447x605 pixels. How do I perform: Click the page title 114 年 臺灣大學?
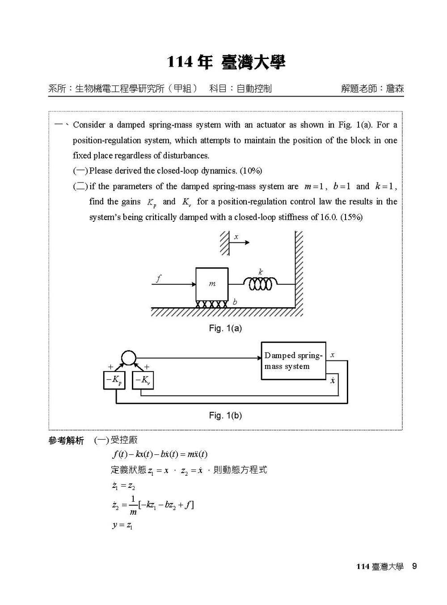pos(226,62)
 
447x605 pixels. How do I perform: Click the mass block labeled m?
pos(212,284)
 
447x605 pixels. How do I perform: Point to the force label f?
pos(158,279)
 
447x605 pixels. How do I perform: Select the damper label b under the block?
pos(235,302)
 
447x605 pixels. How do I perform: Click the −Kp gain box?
pos(114,381)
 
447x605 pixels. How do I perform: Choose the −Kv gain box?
pos(143,381)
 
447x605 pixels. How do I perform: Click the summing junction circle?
pos(128,358)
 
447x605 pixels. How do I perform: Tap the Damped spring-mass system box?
pos(293,361)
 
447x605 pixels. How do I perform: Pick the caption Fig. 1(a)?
pos(225,328)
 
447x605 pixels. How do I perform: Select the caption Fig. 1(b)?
pos(225,415)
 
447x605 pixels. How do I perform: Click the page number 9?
pos(414,566)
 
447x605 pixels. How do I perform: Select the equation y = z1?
pos(122,525)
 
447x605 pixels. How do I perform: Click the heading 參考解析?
pos(66,441)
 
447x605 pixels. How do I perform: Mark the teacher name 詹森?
pos(395,89)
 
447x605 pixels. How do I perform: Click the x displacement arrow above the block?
pos(241,242)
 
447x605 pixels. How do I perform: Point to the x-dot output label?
pos(333,381)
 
